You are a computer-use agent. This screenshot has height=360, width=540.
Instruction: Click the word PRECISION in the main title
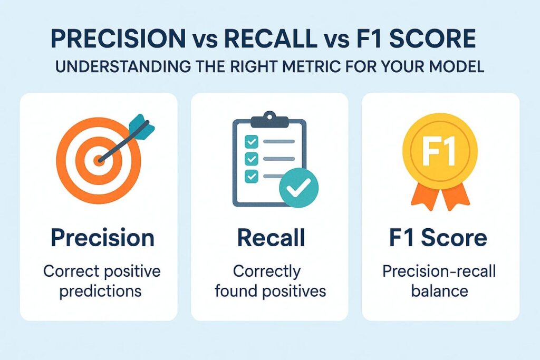[118, 39]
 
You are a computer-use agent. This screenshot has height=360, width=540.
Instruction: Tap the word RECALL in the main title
[271, 39]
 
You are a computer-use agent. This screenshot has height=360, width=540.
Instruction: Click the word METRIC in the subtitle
[300, 66]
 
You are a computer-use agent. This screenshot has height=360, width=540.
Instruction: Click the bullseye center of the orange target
[99, 160]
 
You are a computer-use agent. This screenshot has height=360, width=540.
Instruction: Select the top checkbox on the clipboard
[251, 141]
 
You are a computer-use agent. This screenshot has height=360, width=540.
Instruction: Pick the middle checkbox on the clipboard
[251, 159]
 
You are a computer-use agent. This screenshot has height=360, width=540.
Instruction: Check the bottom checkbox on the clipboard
[251, 176]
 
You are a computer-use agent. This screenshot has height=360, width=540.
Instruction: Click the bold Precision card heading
[102, 238]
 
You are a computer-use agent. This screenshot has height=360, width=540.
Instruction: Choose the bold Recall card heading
[271, 237]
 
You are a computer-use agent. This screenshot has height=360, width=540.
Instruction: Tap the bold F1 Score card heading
[438, 237]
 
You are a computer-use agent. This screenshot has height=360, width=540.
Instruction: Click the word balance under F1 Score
[440, 291]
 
